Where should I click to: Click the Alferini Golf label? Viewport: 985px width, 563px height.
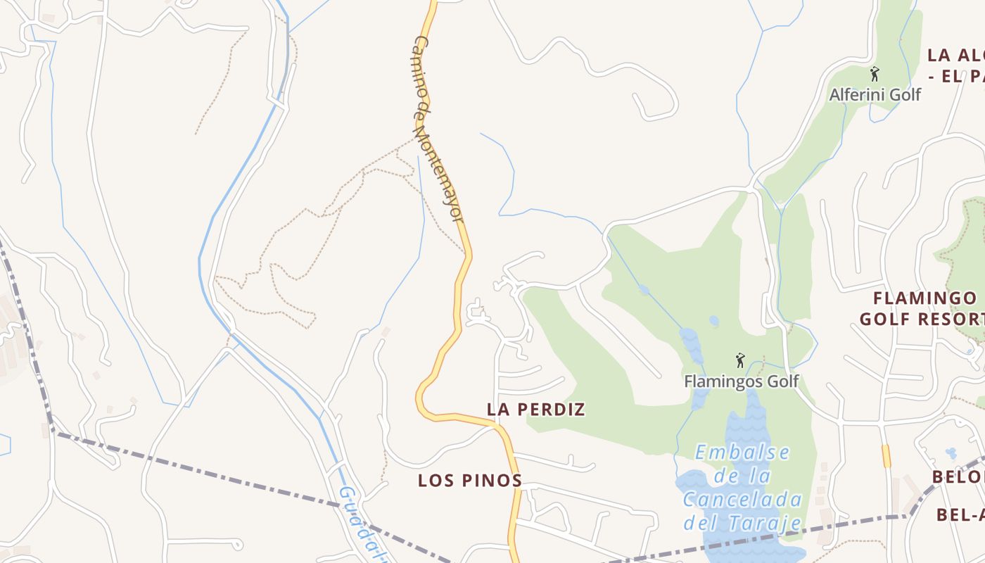pyautogui.click(x=875, y=94)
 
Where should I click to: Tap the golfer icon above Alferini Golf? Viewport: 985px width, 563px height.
pyautogui.click(x=875, y=74)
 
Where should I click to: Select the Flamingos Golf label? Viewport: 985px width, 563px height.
pyautogui.click(x=742, y=381)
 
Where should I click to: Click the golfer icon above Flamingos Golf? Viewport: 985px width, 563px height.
pyautogui.click(x=739, y=361)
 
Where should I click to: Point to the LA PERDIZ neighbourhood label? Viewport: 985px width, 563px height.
pyautogui.click(x=536, y=409)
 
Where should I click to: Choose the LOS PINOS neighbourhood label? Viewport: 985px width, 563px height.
pyautogui.click(x=469, y=481)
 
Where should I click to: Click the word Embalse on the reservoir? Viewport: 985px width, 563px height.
pyautogui.click(x=742, y=453)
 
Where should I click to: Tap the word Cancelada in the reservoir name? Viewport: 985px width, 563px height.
pyautogui.click(x=742, y=500)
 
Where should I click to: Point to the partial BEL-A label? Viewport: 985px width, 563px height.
pyautogui.click(x=961, y=515)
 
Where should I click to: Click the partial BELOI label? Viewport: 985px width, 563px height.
pyautogui.click(x=958, y=477)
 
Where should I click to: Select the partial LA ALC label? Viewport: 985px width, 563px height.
pyautogui.click(x=955, y=55)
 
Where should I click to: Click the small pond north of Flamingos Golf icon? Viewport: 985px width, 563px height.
pyautogui.click(x=714, y=322)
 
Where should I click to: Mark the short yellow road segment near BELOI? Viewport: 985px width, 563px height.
pyautogui.click(x=886, y=455)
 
